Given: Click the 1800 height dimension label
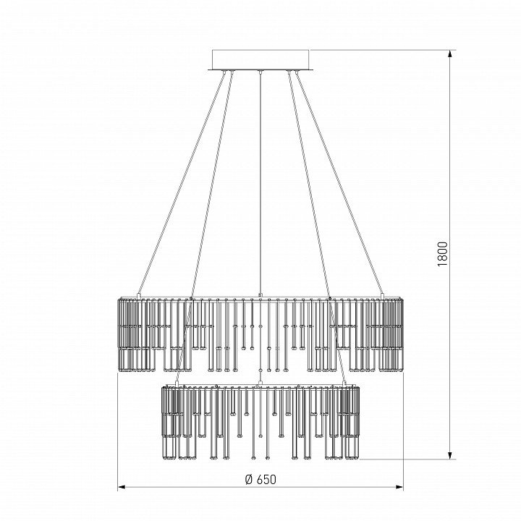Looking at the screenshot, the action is [443, 254].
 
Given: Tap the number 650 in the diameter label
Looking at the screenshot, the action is [266, 479].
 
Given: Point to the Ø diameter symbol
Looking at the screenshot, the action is [249, 479].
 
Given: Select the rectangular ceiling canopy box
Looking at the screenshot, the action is [260, 60].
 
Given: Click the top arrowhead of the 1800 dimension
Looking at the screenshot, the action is [450, 54].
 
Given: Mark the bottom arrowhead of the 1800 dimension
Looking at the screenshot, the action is [450, 456].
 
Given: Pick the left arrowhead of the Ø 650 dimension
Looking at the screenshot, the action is [122, 487].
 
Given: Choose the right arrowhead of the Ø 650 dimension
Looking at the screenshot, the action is [399, 487].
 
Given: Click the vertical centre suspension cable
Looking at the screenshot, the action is [260, 183].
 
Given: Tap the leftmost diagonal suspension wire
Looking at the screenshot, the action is [182, 183].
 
